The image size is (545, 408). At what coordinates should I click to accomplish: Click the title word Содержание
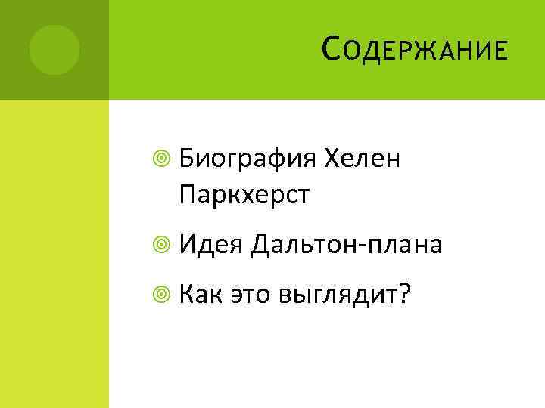[x=413, y=52]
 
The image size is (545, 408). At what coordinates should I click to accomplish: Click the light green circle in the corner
[x=54, y=50]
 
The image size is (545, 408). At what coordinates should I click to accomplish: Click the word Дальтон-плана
[x=347, y=245]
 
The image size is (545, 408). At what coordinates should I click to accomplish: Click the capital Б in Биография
[x=188, y=159]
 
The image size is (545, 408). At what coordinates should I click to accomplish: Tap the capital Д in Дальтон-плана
[x=262, y=244]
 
